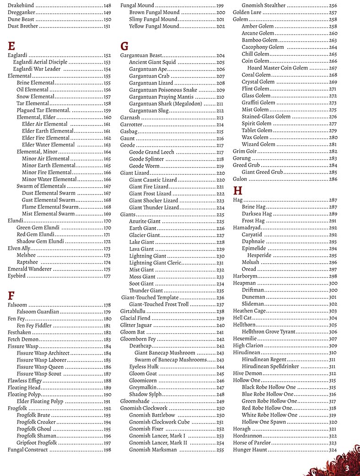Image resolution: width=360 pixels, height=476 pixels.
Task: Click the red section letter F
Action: tap(11, 295)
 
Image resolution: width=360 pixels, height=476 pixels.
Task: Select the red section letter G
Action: tap(124, 46)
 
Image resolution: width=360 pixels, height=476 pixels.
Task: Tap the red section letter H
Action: tap(237, 190)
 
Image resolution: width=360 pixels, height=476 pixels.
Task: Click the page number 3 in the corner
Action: tap(347, 468)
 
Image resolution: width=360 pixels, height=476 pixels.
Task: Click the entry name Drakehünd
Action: tap(21, 5)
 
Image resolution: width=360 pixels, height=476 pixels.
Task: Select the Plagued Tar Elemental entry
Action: tap(43, 110)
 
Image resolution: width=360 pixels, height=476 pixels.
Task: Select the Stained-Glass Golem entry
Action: tap(266, 117)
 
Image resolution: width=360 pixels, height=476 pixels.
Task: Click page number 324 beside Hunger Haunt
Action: tap(333, 450)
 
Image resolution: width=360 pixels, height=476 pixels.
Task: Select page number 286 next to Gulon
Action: tap(333, 179)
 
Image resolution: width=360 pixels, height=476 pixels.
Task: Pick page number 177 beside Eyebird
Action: tap(107, 276)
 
